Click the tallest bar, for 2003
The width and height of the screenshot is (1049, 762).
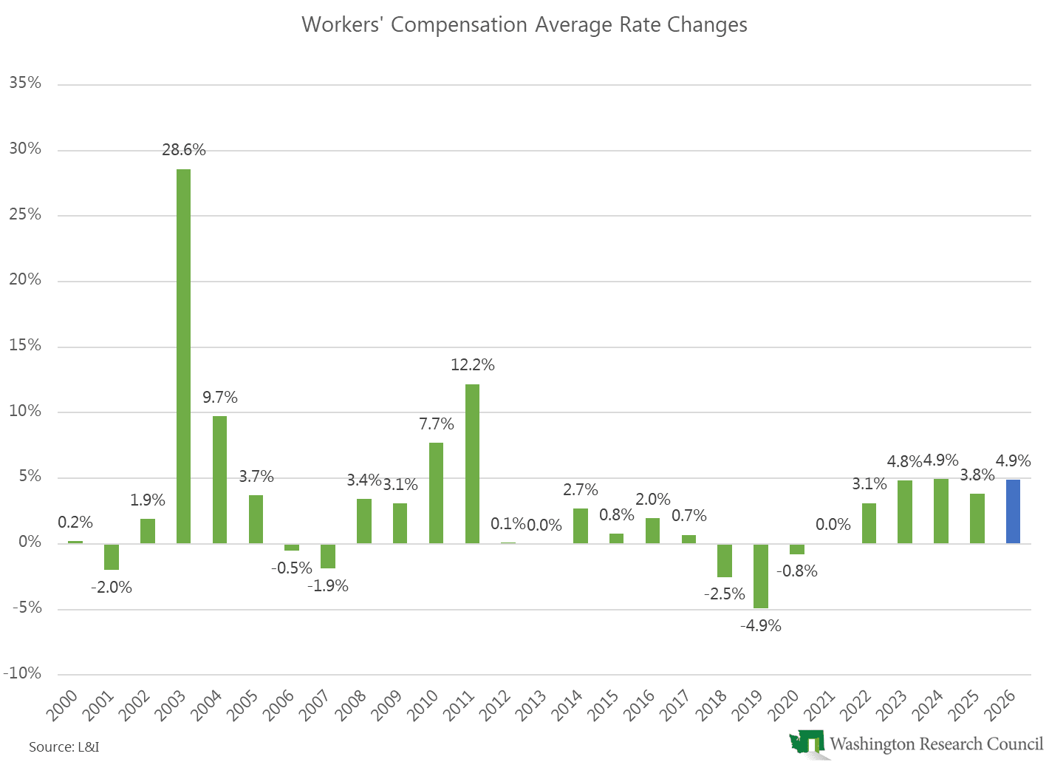pyautogui.click(x=183, y=356)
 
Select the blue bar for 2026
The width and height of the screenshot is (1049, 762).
pyautogui.click(x=1013, y=511)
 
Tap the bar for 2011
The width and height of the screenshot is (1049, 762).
pyautogui.click(x=472, y=464)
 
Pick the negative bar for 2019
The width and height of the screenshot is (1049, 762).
pyautogui.click(x=760, y=576)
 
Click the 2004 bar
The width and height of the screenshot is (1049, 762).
pyautogui.click(x=219, y=480)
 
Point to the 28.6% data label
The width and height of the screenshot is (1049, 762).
pyautogui.click(x=183, y=150)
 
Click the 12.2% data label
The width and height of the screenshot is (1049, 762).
pyautogui.click(x=472, y=365)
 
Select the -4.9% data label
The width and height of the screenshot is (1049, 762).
pyautogui.click(x=760, y=626)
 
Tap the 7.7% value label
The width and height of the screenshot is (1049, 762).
pyautogui.click(x=436, y=424)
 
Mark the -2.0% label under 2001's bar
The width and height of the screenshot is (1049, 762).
pyautogui.click(x=112, y=588)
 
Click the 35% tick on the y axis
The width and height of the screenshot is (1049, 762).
pyautogui.click(x=25, y=84)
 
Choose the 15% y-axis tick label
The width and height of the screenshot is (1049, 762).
pyautogui.click(x=25, y=346)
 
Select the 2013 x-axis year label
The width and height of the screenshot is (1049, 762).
pyautogui.click(x=531, y=706)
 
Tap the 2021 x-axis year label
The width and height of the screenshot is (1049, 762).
pyautogui.click(x=820, y=706)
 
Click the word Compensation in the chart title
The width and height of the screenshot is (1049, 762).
pyautogui.click(x=459, y=25)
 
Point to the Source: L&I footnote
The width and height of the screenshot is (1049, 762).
pyautogui.click(x=64, y=746)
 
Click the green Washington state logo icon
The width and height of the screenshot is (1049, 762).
pyautogui.click(x=807, y=743)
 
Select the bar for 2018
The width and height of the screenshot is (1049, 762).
pyautogui.click(x=724, y=560)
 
